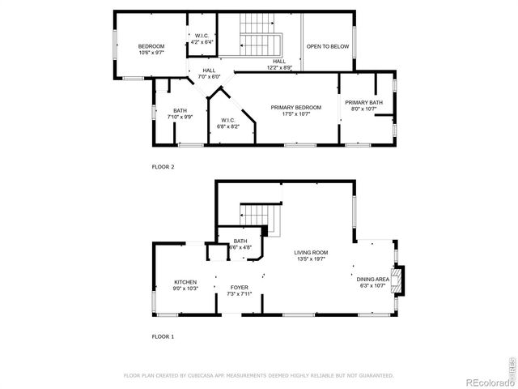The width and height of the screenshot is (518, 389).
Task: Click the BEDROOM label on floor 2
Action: click(151, 46)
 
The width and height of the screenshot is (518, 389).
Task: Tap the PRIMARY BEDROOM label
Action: click(295, 108)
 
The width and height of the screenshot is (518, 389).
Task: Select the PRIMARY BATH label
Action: click(363, 102)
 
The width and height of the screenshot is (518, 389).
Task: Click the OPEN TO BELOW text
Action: click(328, 46)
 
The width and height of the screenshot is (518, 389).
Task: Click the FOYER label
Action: click(239, 288)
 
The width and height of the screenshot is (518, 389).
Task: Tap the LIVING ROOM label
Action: click(310, 253)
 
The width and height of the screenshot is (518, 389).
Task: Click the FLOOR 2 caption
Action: click(163, 167)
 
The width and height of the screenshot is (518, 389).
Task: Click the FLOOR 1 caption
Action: click(163, 336)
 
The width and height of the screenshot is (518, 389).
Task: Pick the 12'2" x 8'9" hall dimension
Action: click(279, 67)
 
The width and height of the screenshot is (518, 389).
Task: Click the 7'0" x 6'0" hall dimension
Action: click(209, 76)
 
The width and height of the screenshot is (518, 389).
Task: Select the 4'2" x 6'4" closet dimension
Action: click(202, 42)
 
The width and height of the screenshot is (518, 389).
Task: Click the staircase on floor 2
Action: click(260, 45)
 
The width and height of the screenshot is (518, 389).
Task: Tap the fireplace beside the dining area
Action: click(397, 280)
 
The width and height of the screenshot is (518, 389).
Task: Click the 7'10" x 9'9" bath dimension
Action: click(180, 118)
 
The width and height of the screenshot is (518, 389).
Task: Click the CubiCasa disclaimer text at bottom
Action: click(258, 375)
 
